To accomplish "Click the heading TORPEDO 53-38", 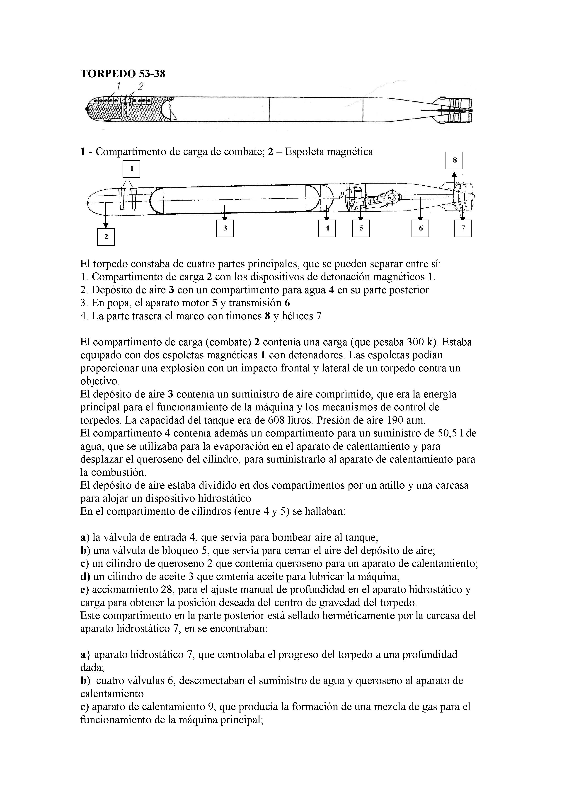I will (123, 73).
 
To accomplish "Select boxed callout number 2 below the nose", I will (106, 237).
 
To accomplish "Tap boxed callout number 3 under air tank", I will (225, 228).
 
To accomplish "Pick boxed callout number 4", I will (327, 228).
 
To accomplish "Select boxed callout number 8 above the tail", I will (454, 160).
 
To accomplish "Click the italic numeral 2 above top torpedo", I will (140, 86).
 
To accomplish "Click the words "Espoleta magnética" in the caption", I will (329, 152).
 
